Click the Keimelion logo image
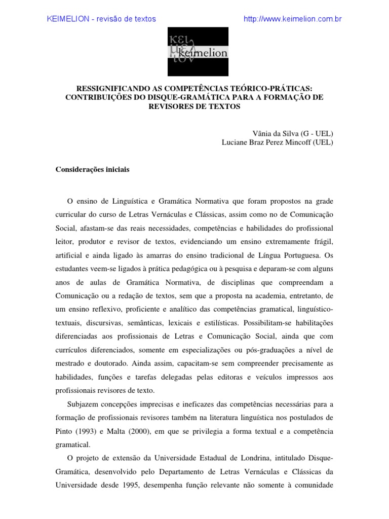[x=198, y=51]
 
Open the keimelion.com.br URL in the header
[x=293, y=19]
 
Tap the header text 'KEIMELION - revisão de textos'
[x=101, y=19]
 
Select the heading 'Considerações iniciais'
[x=92, y=170]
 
